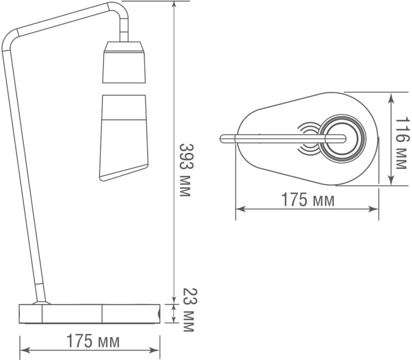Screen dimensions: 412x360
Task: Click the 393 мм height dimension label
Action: tap(184, 170)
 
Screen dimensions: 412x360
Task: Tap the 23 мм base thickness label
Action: tap(189, 310)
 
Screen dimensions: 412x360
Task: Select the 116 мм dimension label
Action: tap(402, 143)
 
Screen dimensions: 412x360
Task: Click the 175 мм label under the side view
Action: tap(93, 341)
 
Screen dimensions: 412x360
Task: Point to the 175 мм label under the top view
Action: tap(308, 199)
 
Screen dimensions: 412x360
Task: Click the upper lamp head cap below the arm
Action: tap(124, 62)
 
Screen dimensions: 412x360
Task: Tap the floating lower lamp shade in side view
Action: tap(124, 138)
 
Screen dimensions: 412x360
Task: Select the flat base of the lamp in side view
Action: tap(89, 314)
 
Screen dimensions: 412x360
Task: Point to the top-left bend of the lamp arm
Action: tap(9, 39)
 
